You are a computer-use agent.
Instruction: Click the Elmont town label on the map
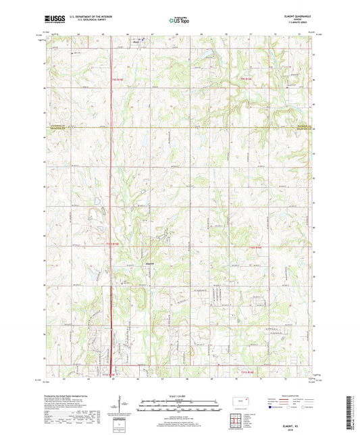pyautogui.click(x=151, y=263)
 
